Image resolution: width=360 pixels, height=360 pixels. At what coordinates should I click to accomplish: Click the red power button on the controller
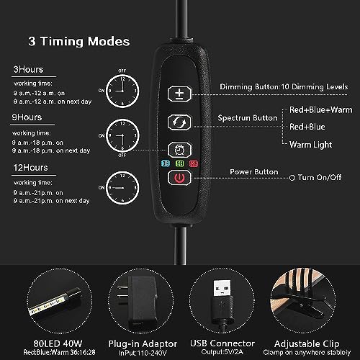click(178, 178)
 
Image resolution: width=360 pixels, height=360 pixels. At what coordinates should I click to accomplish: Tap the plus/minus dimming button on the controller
click(178, 94)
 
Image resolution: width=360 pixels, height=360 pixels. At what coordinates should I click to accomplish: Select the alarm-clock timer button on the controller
click(178, 150)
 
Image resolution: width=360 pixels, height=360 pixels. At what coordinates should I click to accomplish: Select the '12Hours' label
click(27, 168)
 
